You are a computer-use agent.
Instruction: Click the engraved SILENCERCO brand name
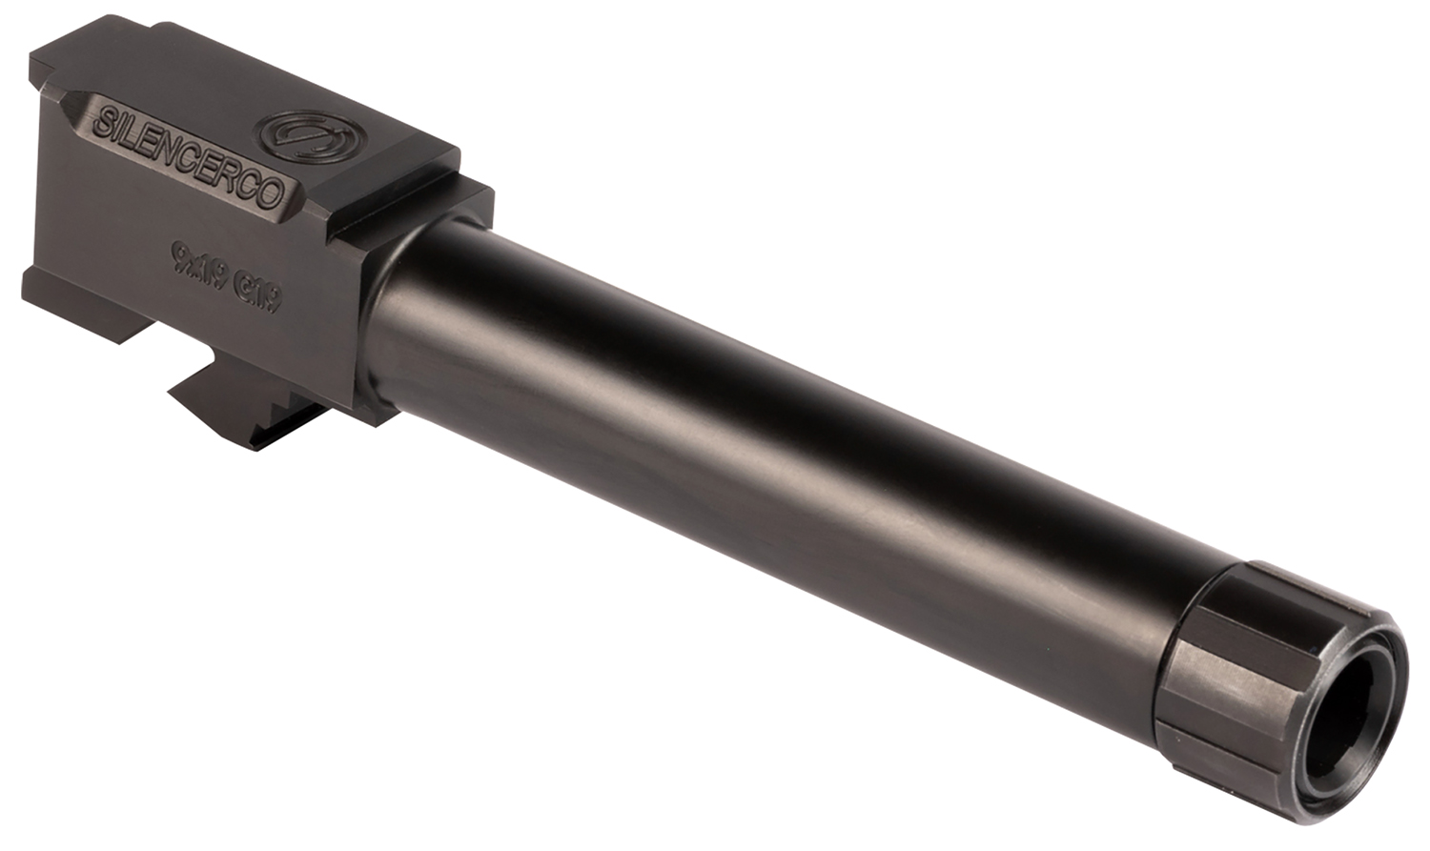pyautogui.click(x=191, y=158)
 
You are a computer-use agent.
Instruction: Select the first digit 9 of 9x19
pyautogui.click(x=178, y=253)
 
